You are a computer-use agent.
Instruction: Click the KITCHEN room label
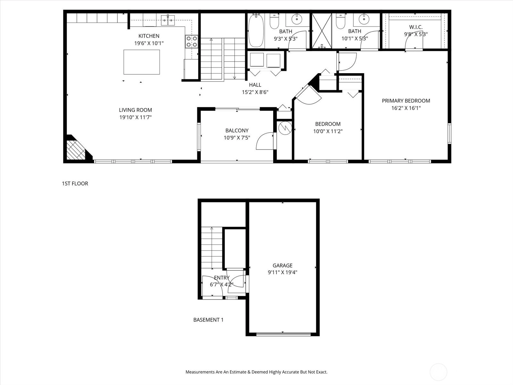tap(149, 36)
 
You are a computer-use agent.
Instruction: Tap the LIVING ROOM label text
tap(135, 110)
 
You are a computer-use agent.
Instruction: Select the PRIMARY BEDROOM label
tap(406, 101)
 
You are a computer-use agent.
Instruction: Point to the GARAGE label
tap(282, 265)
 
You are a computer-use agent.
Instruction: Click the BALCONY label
tap(237, 131)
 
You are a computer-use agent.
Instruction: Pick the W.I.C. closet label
tap(416, 27)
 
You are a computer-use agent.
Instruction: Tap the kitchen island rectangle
tap(142, 62)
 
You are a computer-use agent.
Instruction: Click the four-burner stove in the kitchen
tap(192, 42)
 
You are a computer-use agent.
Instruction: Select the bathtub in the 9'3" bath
tap(256, 30)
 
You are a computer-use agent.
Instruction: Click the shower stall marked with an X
tap(322, 31)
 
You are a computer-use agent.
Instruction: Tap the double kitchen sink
tap(168, 20)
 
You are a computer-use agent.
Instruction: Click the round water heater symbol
tap(285, 128)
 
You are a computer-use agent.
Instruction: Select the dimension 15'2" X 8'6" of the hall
tap(255, 92)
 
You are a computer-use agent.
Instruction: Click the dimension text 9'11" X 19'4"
tap(282, 272)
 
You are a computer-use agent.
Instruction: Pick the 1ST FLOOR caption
tap(75, 184)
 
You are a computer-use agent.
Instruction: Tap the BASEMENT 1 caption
tap(208, 320)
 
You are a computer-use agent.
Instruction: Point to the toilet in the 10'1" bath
tap(341, 21)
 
